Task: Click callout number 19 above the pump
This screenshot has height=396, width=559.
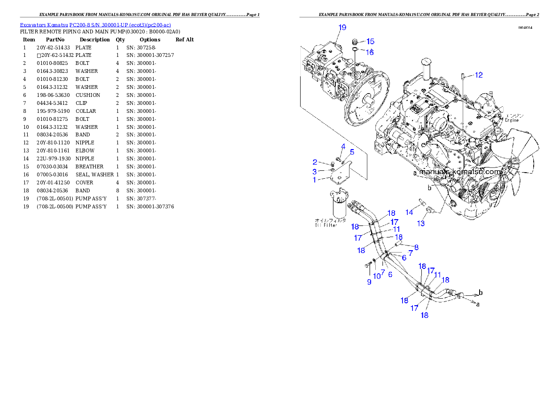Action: (342, 27)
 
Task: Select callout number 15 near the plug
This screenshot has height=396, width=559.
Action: (370, 41)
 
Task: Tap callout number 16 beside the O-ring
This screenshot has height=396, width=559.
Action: (370, 52)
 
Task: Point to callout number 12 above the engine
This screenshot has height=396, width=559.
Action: (478, 75)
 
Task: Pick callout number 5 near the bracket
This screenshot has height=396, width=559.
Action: (351, 152)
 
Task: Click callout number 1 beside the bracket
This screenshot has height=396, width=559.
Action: (315, 179)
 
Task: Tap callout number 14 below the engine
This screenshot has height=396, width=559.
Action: (409, 213)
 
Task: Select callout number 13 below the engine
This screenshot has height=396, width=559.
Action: (421, 223)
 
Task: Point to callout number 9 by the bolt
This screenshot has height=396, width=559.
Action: (369, 282)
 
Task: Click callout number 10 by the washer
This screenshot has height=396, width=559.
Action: (377, 276)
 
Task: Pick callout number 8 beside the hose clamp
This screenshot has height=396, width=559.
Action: (416, 246)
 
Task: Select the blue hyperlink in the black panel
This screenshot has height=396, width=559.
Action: (95, 24)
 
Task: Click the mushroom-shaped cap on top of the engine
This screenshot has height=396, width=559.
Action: (427, 63)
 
